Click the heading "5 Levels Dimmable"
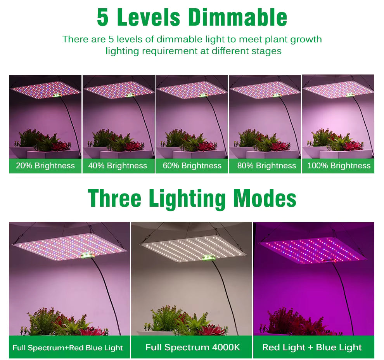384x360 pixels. (192, 17)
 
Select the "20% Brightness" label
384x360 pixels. (45, 166)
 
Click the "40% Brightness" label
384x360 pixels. (118, 166)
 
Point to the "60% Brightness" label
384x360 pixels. (192, 166)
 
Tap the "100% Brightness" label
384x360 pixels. (339, 166)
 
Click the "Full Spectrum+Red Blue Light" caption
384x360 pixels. (67, 348)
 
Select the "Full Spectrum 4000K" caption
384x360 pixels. (193, 347)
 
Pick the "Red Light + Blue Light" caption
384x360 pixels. (312, 347)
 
